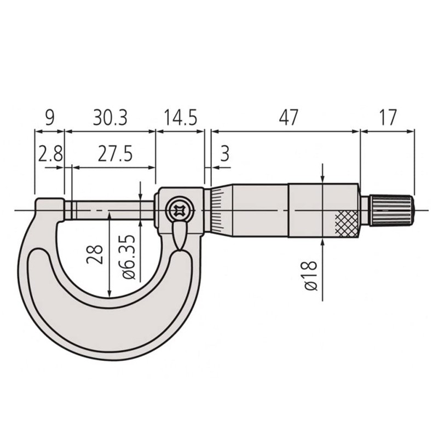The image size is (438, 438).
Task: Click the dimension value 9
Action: coord(49,118)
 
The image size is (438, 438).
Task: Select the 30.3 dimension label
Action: coord(110,118)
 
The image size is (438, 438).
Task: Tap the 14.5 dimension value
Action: coord(180,118)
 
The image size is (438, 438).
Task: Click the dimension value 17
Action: coord(387,118)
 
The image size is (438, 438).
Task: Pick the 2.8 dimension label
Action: coord(50,154)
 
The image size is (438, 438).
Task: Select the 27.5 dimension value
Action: coord(115,154)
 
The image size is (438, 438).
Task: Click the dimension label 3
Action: coord(224,154)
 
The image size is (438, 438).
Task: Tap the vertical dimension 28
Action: coord(96,254)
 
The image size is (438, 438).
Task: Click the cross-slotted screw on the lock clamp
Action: coord(178,210)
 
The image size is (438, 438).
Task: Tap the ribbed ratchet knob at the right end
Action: coord(392,210)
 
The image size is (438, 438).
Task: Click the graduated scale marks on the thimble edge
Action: coord(217,210)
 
